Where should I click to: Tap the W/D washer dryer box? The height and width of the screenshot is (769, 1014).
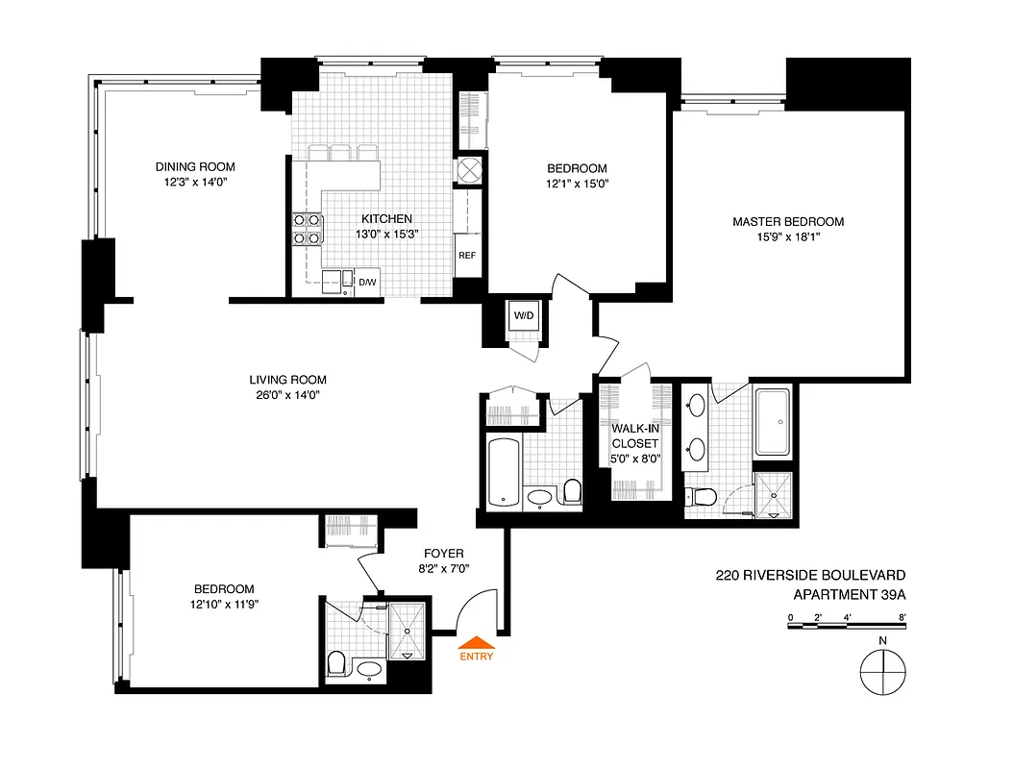[524, 316]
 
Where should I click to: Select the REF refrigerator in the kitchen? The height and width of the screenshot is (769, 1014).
[467, 256]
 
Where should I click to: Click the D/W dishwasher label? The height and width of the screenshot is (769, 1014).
[366, 282]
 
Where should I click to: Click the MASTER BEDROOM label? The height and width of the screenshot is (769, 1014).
[788, 221]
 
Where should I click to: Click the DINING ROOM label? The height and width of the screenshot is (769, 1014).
[195, 166]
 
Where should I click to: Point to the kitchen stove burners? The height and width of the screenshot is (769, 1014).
[307, 229]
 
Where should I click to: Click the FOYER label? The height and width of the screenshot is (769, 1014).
[445, 554]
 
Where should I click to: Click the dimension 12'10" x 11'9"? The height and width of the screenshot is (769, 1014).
[224, 605]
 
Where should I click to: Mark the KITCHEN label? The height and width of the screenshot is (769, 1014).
[387, 218]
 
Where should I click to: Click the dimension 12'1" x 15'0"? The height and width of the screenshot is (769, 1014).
[574, 184]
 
